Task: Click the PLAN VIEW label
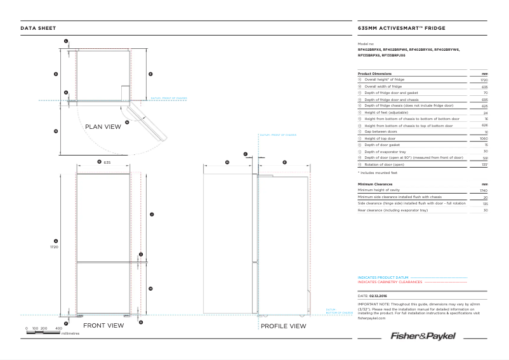(x=103, y=127)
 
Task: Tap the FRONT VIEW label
(x=103, y=326)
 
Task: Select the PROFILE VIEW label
(x=283, y=326)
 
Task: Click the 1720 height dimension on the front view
(x=55, y=247)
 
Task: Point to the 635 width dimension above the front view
(x=107, y=163)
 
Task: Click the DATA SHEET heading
(x=38, y=28)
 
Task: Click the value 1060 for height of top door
(x=484, y=138)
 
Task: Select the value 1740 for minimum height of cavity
(x=484, y=190)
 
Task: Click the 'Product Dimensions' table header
(x=374, y=74)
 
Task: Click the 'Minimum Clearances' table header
(x=375, y=184)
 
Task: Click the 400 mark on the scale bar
(x=58, y=328)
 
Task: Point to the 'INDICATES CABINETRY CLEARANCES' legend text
(x=390, y=281)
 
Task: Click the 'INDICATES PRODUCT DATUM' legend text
(x=383, y=277)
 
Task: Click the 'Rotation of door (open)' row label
(x=385, y=164)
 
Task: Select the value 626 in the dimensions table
(x=485, y=126)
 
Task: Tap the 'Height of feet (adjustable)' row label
(x=385, y=112)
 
